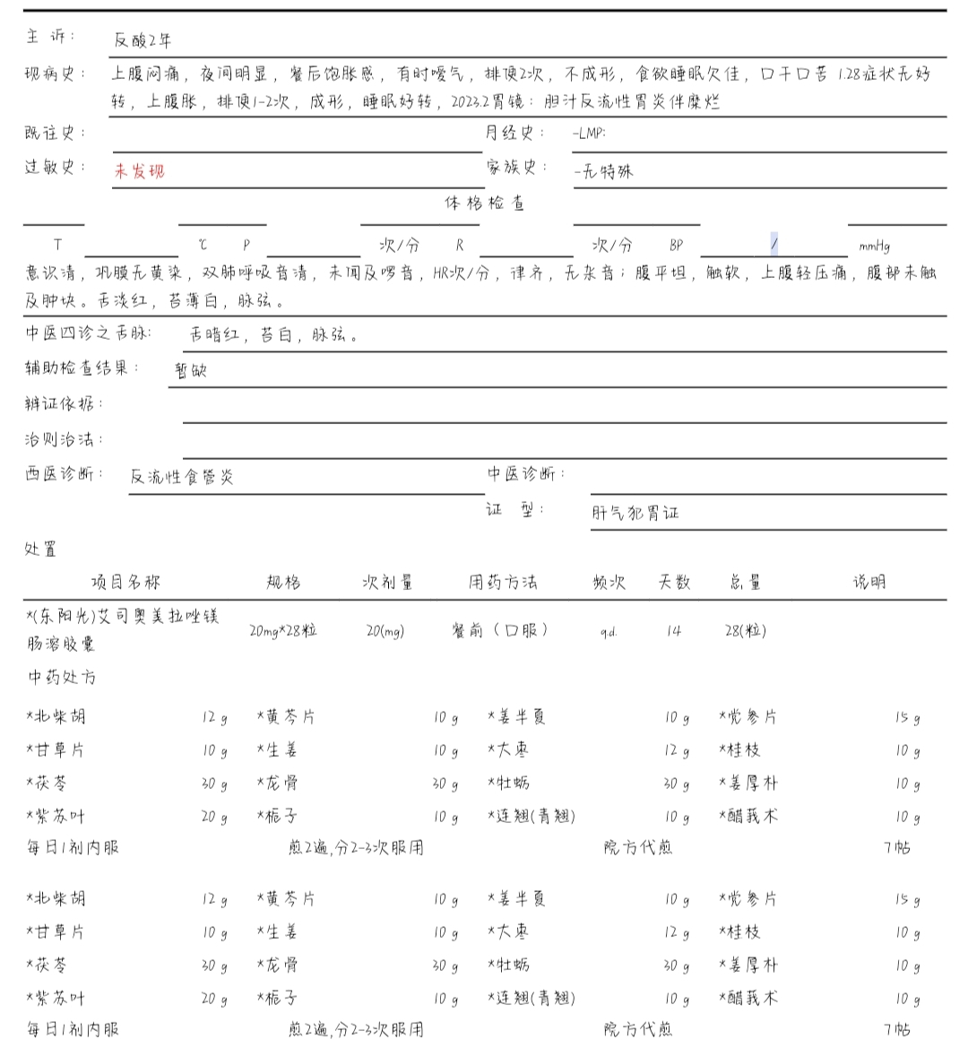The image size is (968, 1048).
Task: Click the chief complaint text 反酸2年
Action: tap(143, 40)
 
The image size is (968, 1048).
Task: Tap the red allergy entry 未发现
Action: tap(139, 170)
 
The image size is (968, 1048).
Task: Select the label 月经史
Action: tap(514, 133)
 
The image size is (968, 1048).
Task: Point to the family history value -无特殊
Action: tap(603, 170)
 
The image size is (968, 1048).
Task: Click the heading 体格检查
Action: tap(484, 203)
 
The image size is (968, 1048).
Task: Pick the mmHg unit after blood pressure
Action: tap(874, 246)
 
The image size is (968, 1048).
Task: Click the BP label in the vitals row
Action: tap(676, 245)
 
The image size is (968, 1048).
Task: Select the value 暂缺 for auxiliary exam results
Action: tap(191, 369)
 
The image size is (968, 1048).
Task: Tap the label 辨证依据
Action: tap(63, 404)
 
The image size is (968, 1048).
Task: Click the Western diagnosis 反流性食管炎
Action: tap(182, 476)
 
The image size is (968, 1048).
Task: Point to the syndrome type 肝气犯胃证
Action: tap(635, 513)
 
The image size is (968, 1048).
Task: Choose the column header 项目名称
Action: tap(125, 582)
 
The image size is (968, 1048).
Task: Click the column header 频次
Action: tap(609, 582)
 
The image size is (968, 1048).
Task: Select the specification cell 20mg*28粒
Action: tap(283, 630)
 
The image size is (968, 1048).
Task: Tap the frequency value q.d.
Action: tap(609, 631)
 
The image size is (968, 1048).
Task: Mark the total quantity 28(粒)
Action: tap(745, 630)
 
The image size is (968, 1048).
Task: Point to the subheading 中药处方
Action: tap(61, 677)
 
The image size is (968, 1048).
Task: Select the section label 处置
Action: tap(40, 549)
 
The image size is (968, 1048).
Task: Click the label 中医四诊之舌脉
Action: tap(88, 333)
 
